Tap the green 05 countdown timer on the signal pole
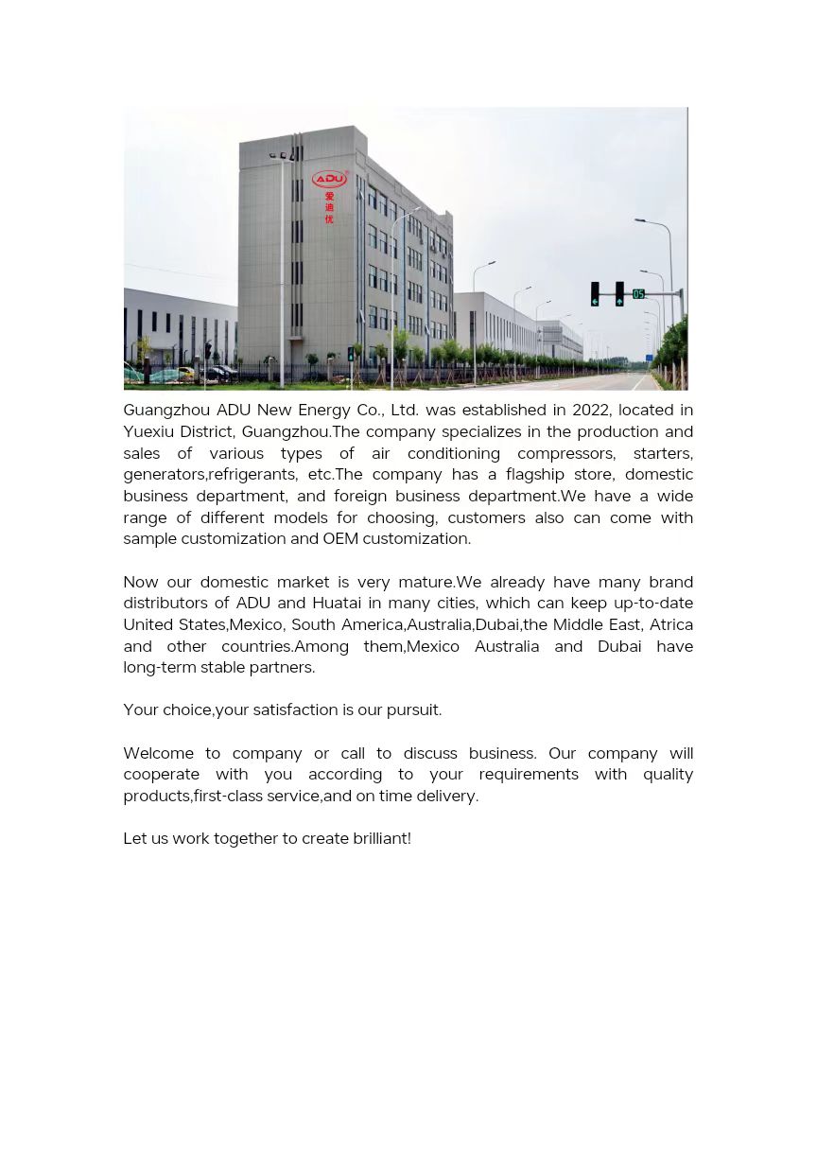point(638,294)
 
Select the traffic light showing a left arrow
point(595,294)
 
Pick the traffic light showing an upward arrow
point(619,294)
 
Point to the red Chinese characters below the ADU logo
point(329,208)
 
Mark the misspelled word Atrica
point(670,624)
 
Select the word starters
point(663,453)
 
